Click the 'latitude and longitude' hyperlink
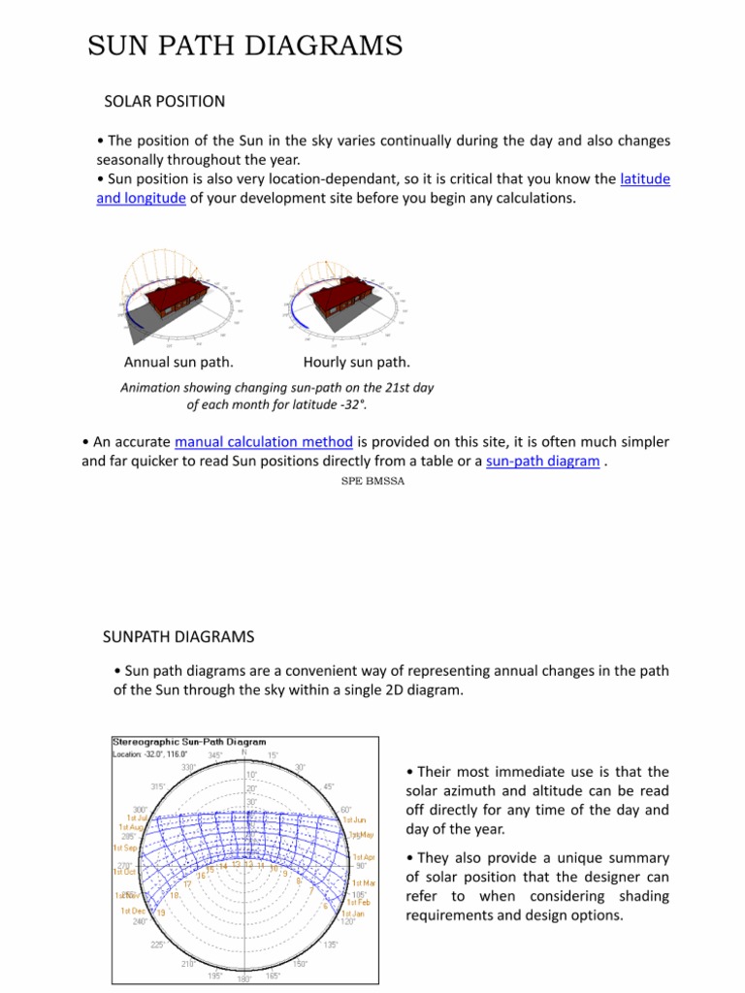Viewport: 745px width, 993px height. (645, 179)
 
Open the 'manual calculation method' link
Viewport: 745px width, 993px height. (264, 442)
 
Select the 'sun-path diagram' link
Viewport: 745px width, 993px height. (542, 462)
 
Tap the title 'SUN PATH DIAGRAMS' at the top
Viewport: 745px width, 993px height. (244, 46)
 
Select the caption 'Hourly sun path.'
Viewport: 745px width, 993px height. (356, 363)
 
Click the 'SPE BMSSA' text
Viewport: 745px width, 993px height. (372, 481)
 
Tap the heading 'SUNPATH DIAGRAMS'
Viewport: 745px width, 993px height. (178, 636)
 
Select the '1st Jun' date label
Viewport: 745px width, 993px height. (354, 818)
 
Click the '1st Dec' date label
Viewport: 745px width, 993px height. (133, 911)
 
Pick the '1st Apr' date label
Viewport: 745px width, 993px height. (363, 857)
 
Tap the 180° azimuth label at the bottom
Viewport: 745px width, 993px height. (243, 979)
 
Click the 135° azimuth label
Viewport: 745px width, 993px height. (331, 944)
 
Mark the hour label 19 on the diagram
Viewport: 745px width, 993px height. (161, 913)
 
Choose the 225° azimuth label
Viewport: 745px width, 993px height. (156, 944)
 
